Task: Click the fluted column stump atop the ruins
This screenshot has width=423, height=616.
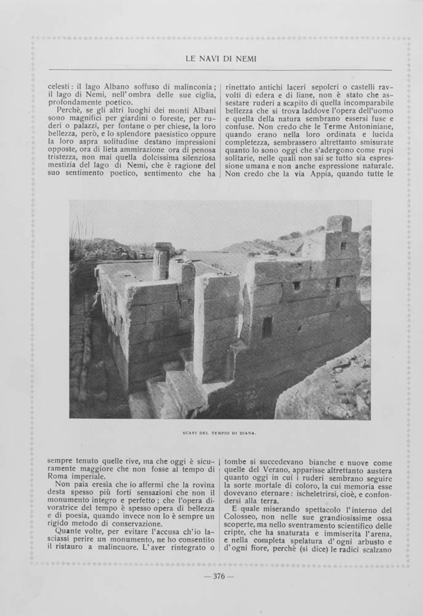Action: [162, 261]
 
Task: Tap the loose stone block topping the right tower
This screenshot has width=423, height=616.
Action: [339, 223]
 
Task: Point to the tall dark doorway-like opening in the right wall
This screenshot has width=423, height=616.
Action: [267, 326]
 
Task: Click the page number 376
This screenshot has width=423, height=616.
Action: [219, 577]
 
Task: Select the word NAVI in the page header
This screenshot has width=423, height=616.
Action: [213, 59]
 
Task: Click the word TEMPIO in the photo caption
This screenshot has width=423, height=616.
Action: [224, 432]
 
